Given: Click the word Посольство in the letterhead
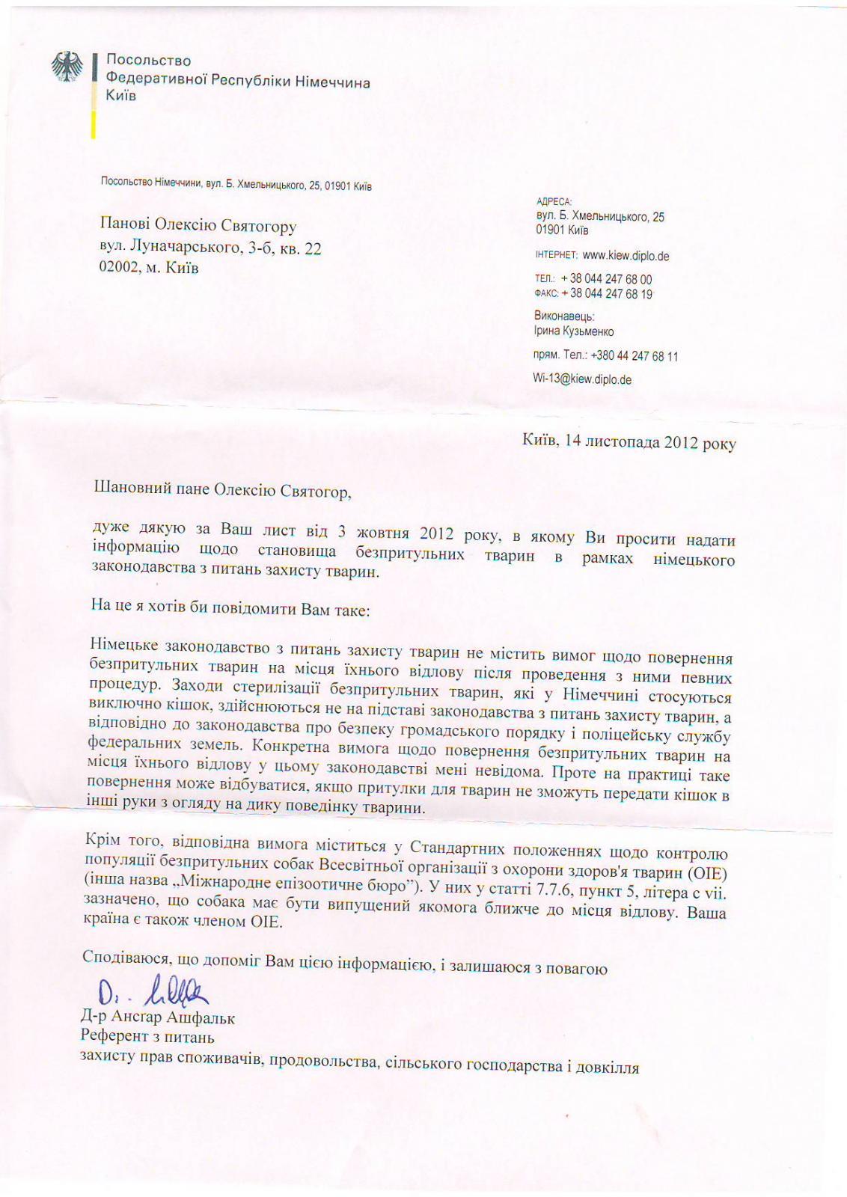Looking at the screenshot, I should click(x=148, y=61).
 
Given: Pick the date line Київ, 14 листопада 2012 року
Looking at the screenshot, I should click(x=629, y=442).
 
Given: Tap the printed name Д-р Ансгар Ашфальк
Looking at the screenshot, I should click(x=158, y=1018).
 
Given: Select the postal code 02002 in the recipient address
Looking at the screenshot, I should click(x=119, y=269).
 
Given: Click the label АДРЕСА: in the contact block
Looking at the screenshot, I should click(x=554, y=201).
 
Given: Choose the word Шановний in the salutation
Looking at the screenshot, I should click(x=129, y=490).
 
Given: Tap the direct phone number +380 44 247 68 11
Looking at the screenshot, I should click(x=635, y=356).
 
